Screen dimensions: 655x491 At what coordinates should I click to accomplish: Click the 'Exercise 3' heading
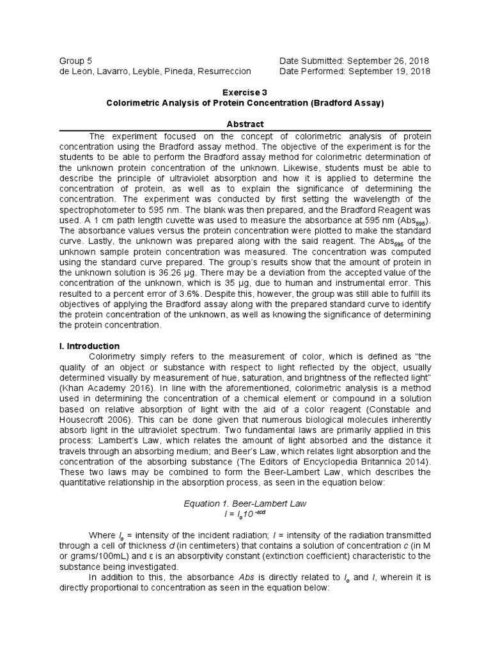(x=245, y=92)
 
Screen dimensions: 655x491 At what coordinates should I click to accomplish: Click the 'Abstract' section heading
(x=245, y=124)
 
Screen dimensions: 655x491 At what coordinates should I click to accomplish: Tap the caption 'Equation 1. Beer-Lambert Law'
(x=245, y=503)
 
